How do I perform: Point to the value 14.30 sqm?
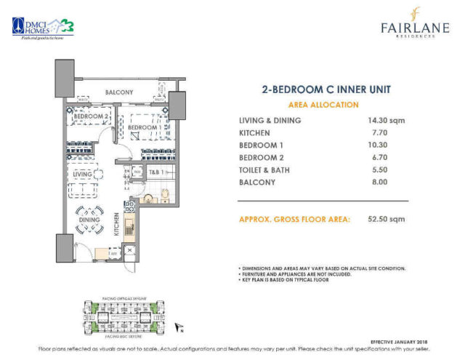[385, 120]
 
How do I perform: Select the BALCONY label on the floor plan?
[118, 92]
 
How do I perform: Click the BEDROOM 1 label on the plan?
[143, 127]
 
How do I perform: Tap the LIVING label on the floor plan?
[81, 175]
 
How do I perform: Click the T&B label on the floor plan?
[155, 172]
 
